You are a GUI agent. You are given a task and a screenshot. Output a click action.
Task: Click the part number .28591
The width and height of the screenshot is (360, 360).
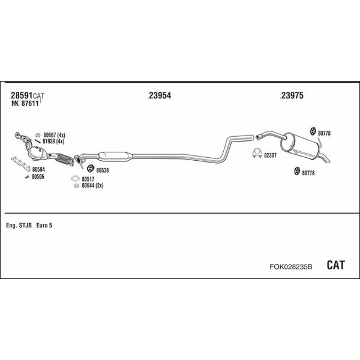(x=21, y=95)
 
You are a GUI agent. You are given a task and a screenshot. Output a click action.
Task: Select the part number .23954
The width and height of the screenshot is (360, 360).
(x=160, y=95)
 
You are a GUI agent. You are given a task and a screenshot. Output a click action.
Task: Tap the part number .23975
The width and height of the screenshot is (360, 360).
(x=292, y=95)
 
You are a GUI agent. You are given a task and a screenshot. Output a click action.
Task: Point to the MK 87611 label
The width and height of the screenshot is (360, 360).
(x=25, y=103)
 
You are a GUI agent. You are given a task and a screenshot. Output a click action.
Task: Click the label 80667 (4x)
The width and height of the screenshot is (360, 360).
(x=54, y=135)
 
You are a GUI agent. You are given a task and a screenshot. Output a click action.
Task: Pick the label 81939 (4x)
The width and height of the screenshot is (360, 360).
(x=53, y=142)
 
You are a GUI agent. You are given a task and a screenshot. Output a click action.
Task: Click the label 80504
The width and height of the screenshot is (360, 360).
(x=38, y=169)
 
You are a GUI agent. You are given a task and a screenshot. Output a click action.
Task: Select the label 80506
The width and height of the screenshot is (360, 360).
(x=38, y=176)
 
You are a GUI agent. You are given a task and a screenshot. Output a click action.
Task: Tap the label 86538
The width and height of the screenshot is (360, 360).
(x=103, y=170)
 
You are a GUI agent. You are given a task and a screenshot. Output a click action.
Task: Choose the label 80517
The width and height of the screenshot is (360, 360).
(x=88, y=179)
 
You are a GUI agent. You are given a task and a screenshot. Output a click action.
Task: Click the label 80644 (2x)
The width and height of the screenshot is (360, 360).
(x=92, y=185)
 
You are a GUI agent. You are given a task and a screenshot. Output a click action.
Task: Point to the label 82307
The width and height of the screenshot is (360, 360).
(x=270, y=155)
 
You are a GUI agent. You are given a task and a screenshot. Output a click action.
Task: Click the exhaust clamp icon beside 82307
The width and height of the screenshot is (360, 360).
(x=257, y=152)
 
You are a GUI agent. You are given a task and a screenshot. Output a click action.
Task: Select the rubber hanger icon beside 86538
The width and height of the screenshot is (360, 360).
(x=91, y=169)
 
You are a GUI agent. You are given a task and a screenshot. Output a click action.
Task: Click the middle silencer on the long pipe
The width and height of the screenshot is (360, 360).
(x=115, y=157)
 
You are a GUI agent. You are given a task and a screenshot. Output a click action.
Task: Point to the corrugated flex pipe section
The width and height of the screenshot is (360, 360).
(x=64, y=158)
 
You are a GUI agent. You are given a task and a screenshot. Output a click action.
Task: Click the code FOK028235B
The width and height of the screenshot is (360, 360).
(x=291, y=266)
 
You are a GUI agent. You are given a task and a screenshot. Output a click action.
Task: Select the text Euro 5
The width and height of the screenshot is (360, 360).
(x=44, y=226)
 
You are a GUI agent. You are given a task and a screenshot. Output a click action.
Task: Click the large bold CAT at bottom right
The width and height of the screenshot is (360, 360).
(x=335, y=265)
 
